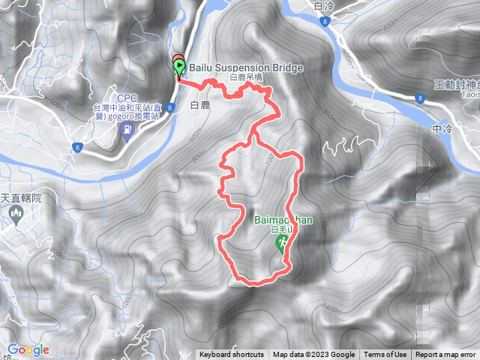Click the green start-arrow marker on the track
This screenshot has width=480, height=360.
coord(179,68)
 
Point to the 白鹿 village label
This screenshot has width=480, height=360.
coord(198,106)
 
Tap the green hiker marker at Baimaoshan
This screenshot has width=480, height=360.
coord(283,242)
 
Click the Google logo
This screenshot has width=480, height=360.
coord(28,349)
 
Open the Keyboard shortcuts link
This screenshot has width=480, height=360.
coord(232,355)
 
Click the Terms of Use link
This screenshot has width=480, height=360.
coord(385,355)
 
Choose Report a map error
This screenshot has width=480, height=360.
coord(445,355)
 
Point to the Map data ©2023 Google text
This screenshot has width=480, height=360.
coord(313,355)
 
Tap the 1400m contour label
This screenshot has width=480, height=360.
coord(331,307)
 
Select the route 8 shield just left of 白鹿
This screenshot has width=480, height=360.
coord(170,108)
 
